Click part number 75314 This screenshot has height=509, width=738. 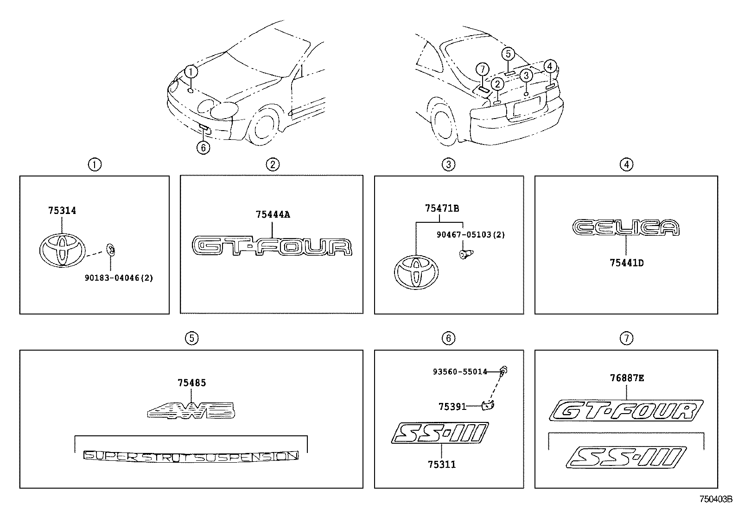(x=62, y=211)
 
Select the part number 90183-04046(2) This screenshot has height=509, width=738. (x=119, y=278)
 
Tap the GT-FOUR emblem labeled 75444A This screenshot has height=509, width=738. (x=272, y=246)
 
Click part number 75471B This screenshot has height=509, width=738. (x=442, y=209)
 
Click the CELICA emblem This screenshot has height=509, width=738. (x=625, y=227)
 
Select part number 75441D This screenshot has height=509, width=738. (x=626, y=263)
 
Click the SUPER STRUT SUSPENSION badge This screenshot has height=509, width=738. (x=191, y=456)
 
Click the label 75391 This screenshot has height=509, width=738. (x=452, y=407)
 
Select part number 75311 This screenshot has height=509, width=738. (x=441, y=464)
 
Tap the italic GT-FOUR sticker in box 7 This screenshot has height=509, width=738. (x=626, y=410)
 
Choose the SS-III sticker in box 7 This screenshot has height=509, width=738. (x=626, y=457)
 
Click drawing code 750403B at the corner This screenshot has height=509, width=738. (x=715, y=499)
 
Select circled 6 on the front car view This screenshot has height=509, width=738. (x=203, y=148)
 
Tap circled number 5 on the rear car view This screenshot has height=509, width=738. (x=508, y=54)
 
